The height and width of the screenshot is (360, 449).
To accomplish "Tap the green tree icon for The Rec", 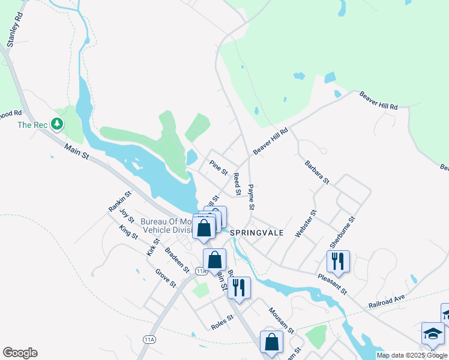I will (58, 124).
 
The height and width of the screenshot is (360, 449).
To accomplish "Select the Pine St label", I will (218, 167).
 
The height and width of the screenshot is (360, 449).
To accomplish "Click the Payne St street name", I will (251, 197).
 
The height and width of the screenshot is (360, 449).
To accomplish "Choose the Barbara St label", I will (317, 172).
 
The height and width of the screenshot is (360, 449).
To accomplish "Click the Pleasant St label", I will (333, 282).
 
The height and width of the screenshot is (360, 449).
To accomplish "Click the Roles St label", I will (221, 324).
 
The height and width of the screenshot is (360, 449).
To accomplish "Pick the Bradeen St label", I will (176, 259).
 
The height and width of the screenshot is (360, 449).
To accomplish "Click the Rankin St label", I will (119, 201).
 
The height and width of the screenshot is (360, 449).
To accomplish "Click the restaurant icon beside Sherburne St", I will (338, 261).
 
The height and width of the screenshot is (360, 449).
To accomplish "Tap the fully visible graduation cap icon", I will (433, 334).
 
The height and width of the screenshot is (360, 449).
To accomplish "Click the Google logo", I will (20, 353).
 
